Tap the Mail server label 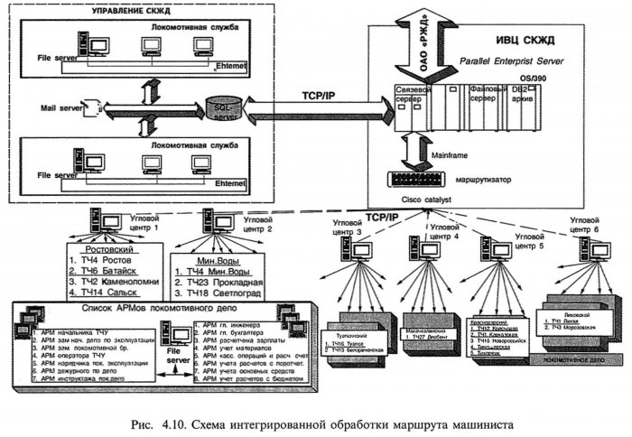[x=56, y=107]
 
